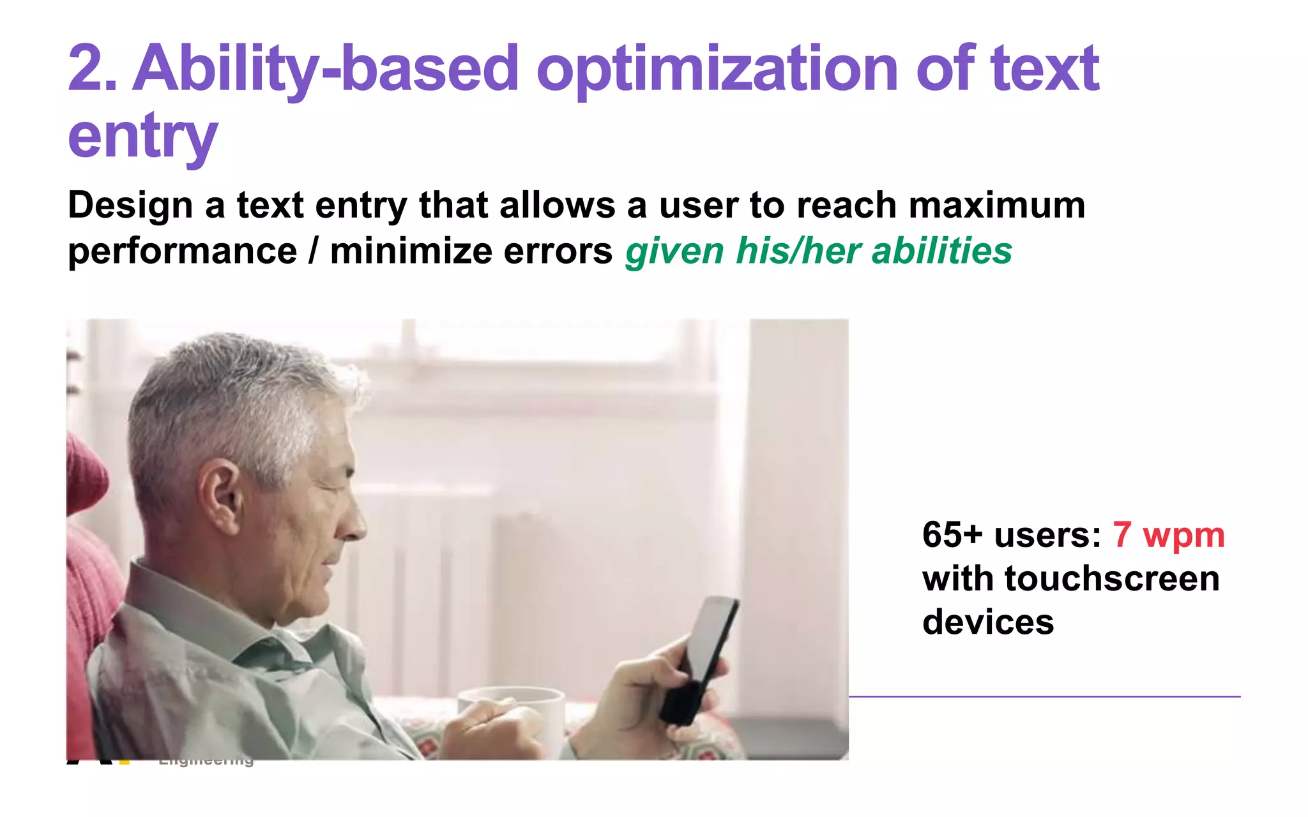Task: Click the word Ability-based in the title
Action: [326, 69]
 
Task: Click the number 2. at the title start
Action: [92, 69]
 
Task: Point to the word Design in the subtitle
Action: [130, 206]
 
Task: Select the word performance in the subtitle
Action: [182, 251]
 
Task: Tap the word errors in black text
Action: [558, 251]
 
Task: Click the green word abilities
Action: [941, 251]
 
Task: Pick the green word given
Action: [674, 251]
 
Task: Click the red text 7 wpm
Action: [1168, 535]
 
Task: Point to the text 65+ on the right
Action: [952, 535]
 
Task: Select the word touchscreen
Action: [1112, 579]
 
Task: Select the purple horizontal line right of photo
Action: [1044, 696]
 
